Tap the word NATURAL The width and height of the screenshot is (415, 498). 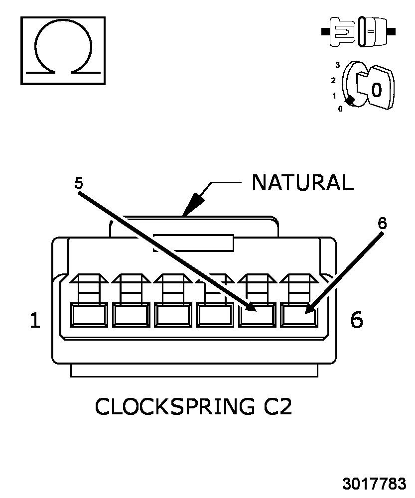(302, 183)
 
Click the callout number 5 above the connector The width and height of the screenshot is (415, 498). (79, 183)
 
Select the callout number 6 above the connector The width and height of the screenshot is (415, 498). (382, 223)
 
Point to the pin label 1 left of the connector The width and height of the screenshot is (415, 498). (35, 320)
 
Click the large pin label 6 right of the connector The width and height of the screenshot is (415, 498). (357, 320)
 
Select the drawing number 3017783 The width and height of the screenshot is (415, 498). (374, 484)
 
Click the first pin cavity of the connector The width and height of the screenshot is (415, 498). (89, 315)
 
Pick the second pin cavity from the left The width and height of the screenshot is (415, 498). (131, 315)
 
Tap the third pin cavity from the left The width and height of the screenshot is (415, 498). (173, 315)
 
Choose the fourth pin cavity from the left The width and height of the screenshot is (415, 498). (215, 315)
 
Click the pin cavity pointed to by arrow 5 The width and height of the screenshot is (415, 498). (257, 315)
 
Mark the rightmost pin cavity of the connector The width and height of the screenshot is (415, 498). (299, 315)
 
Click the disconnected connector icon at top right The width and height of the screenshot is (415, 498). (358, 32)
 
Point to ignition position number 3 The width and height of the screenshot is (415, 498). (337, 65)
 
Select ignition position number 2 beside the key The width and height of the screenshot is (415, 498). (333, 80)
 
